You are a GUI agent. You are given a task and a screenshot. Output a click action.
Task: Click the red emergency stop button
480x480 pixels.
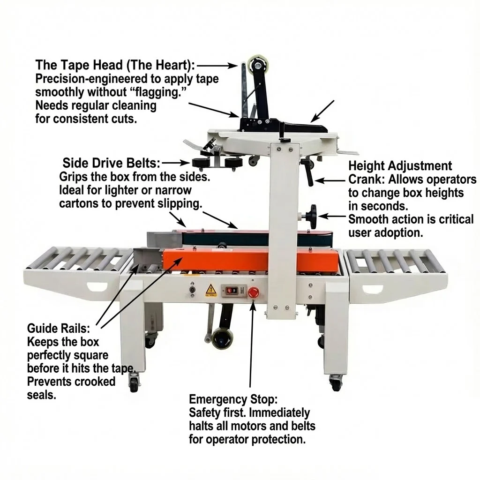[x=253, y=292]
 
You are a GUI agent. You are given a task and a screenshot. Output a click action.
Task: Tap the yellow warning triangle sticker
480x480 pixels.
[x=210, y=291]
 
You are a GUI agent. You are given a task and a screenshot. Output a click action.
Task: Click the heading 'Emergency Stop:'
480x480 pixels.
[x=233, y=399]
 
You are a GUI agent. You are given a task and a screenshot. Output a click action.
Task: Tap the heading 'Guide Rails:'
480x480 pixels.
[x=59, y=329]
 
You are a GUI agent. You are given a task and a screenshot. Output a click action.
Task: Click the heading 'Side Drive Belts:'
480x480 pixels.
[x=112, y=163]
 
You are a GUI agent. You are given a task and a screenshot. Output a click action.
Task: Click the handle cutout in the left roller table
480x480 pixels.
[x=97, y=287]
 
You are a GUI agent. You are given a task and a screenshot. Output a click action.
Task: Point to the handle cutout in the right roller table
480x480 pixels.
[x=373, y=289]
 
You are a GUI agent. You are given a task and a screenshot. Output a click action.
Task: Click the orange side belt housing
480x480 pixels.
[x=251, y=260]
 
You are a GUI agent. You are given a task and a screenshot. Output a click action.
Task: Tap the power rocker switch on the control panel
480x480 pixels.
[x=231, y=291]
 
